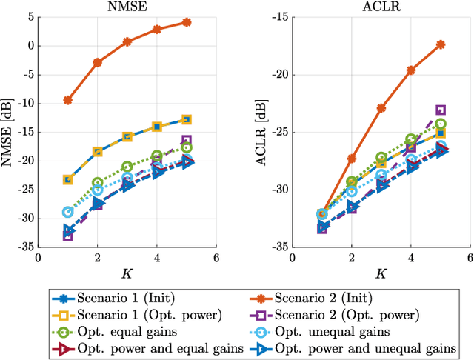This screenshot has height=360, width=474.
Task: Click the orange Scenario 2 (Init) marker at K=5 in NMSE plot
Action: pos(187,22)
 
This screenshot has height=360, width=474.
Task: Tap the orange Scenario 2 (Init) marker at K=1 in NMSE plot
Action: pos(68,100)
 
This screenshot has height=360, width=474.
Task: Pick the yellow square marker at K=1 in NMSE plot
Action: pos(68,179)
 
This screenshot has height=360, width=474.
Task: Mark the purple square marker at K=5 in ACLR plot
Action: pos(441,110)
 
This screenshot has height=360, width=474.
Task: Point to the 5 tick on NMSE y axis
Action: pos(30,16)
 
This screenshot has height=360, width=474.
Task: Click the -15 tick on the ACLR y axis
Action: pos(279,16)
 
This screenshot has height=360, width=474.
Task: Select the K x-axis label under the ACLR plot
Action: pos(381,273)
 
